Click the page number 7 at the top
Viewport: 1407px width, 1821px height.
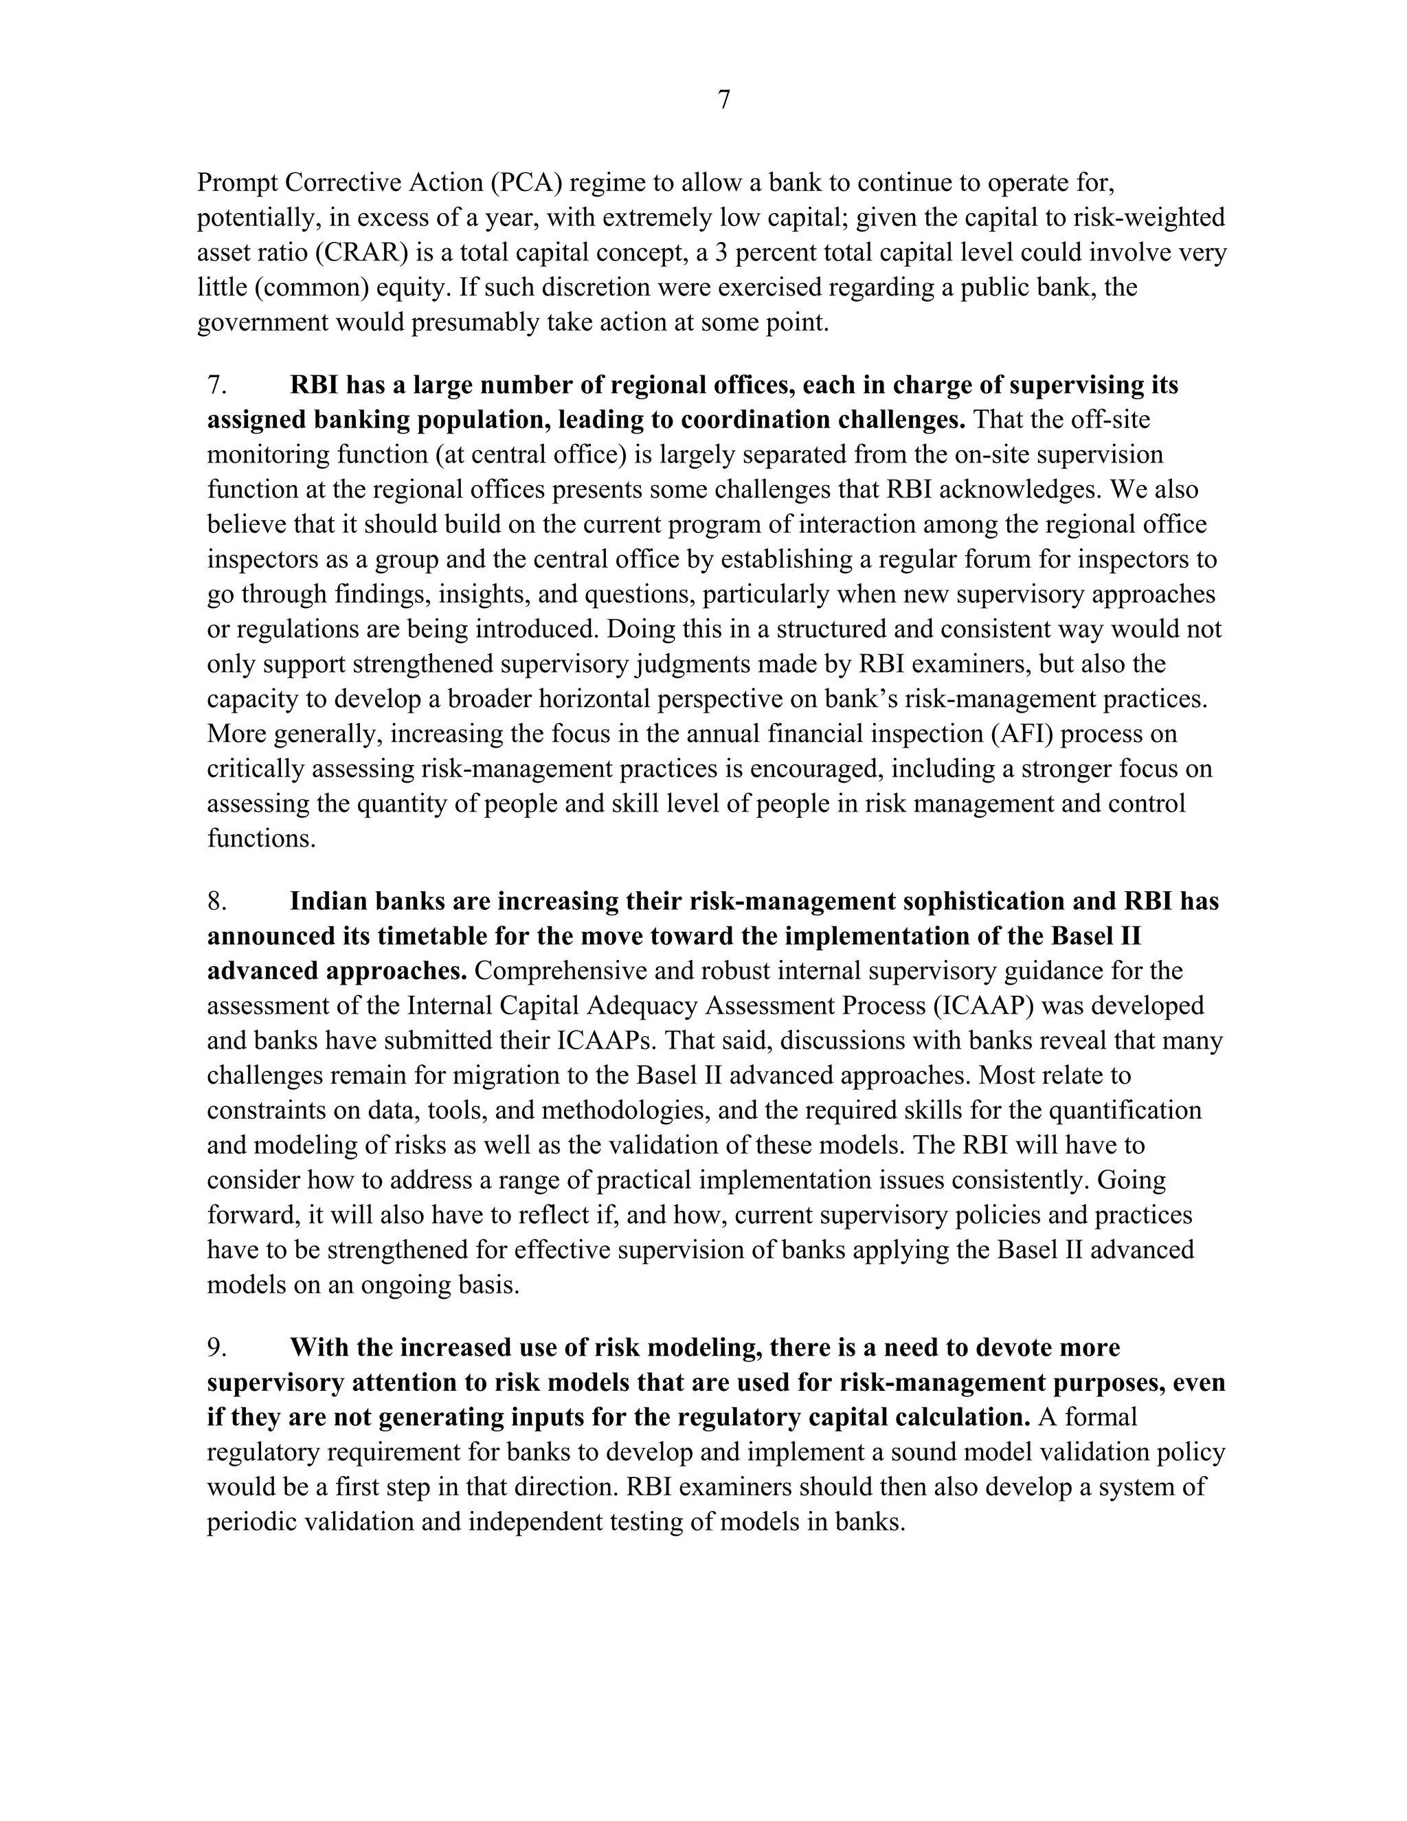click(x=723, y=100)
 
